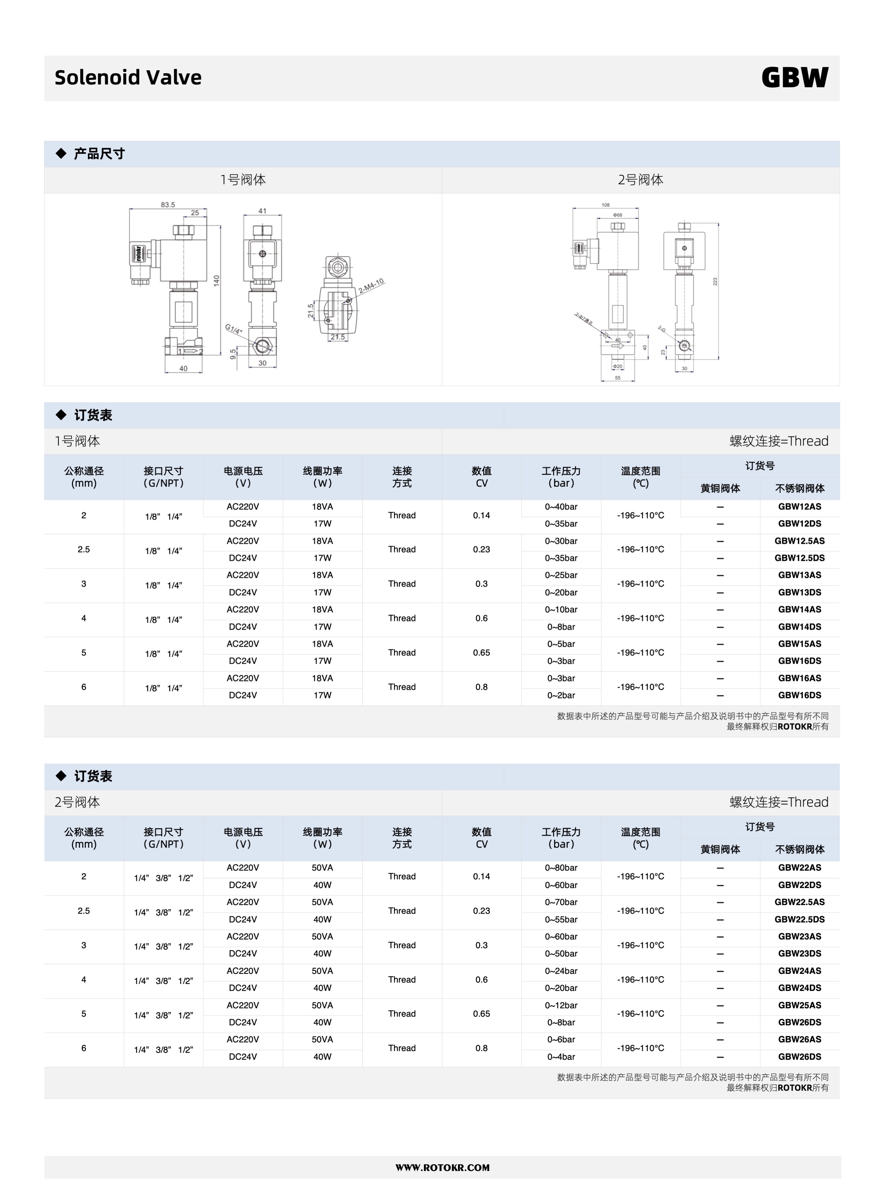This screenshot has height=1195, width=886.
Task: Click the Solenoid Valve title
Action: coord(128,78)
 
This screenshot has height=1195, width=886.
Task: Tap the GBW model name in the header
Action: coord(795,78)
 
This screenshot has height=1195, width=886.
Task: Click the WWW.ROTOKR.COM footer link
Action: coord(442,1168)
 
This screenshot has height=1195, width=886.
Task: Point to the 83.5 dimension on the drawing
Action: coord(168,204)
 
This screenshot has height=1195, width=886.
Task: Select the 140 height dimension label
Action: coord(217,280)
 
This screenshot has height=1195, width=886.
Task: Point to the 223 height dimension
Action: coord(715,281)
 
